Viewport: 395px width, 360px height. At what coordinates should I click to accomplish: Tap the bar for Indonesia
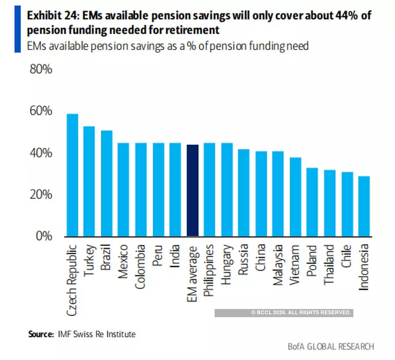pos(364,206)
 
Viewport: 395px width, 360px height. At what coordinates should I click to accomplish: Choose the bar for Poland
pos(312,202)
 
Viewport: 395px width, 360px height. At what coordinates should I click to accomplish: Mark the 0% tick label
pos(43,236)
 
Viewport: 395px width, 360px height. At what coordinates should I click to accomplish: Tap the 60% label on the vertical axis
pos(40,111)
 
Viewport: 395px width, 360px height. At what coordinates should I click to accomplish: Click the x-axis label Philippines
pos(210,270)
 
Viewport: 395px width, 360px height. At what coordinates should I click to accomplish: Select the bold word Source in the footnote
pos(41,334)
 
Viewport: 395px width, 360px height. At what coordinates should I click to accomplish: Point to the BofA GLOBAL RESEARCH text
pos(331,347)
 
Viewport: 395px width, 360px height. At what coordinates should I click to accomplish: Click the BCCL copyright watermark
pos(301,313)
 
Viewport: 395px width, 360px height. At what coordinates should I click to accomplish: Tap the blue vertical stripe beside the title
pos(18,29)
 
